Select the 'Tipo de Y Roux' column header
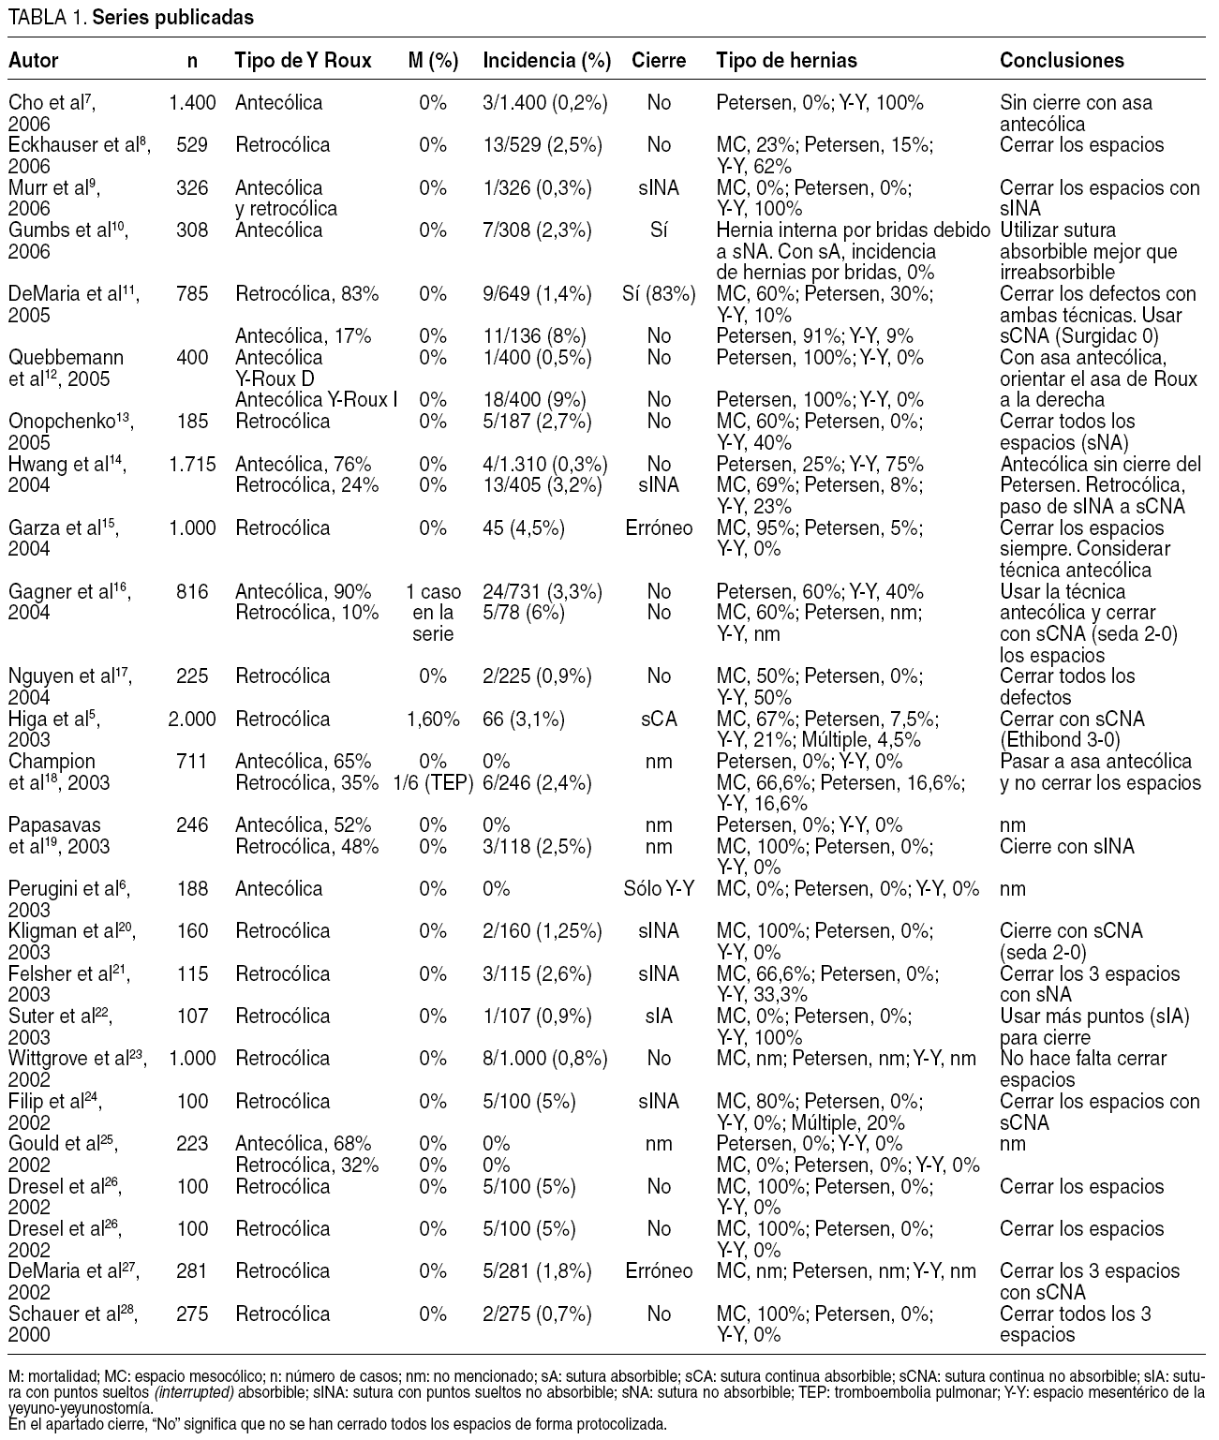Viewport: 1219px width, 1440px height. [303, 61]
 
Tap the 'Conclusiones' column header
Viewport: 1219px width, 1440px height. [1062, 61]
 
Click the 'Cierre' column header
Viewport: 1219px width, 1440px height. [659, 61]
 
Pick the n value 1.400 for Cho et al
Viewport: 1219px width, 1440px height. [192, 103]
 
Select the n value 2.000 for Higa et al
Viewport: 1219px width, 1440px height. [192, 720]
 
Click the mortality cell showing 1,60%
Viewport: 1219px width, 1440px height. [433, 720]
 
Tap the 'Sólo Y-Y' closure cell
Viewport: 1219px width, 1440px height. [659, 889]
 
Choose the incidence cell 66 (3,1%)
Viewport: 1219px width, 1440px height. [524, 720]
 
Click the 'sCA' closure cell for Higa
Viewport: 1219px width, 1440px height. [659, 720]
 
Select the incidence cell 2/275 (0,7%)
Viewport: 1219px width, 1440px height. [538, 1314]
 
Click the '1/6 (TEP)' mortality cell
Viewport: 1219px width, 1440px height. [433, 782]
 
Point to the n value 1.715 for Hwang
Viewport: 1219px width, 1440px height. [192, 464]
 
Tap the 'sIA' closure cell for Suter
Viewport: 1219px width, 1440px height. [659, 1017]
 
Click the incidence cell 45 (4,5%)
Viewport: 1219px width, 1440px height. [524, 528]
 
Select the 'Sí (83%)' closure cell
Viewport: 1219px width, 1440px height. [659, 294]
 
